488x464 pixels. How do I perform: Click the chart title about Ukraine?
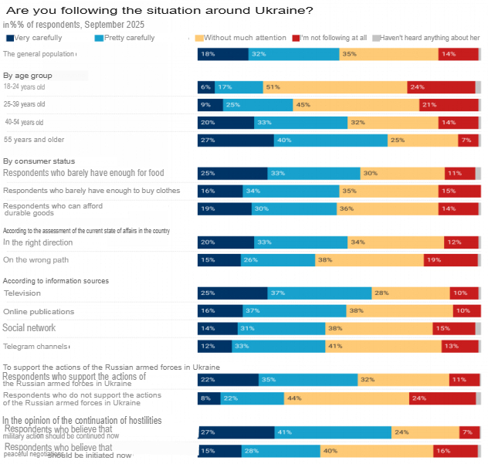[x=160, y=10]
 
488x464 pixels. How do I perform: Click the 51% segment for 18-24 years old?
[x=335, y=87]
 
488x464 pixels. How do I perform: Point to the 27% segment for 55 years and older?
[x=236, y=140]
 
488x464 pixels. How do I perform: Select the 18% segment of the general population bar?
[x=223, y=54]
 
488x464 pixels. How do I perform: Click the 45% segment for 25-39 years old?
[x=356, y=104]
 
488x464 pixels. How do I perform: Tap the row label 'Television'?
[x=22, y=293]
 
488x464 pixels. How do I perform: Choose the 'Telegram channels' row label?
[x=36, y=347]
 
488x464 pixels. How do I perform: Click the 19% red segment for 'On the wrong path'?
[x=451, y=260]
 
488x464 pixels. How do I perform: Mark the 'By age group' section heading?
[x=28, y=76]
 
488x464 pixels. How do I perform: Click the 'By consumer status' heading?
[x=39, y=161]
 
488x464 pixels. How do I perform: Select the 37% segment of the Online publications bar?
[x=295, y=311]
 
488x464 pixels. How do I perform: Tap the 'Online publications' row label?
[x=39, y=311]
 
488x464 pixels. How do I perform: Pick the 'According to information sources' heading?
[x=56, y=281]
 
